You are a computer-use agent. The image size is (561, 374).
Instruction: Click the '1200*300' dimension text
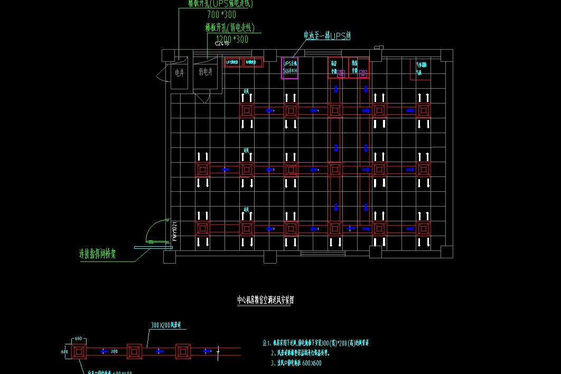click(x=232, y=39)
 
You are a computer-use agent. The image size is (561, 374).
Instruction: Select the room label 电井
click(x=180, y=72)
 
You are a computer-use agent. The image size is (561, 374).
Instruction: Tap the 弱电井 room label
click(x=205, y=72)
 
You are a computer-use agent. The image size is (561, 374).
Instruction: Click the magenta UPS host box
click(x=290, y=68)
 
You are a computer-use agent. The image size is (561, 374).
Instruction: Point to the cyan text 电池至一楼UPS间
click(x=327, y=36)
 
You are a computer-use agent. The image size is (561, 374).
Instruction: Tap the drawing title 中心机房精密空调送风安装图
click(x=265, y=300)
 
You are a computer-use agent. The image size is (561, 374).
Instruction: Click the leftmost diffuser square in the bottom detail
click(x=79, y=351)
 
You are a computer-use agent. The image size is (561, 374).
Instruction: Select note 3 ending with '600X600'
click(x=296, y=363)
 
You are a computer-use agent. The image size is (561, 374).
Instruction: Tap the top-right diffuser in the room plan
click(x=423, y=111)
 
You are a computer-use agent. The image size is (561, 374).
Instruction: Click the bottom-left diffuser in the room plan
click(x=202, y=229)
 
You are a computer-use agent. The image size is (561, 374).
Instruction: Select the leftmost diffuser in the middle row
click(x=202, y=170)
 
